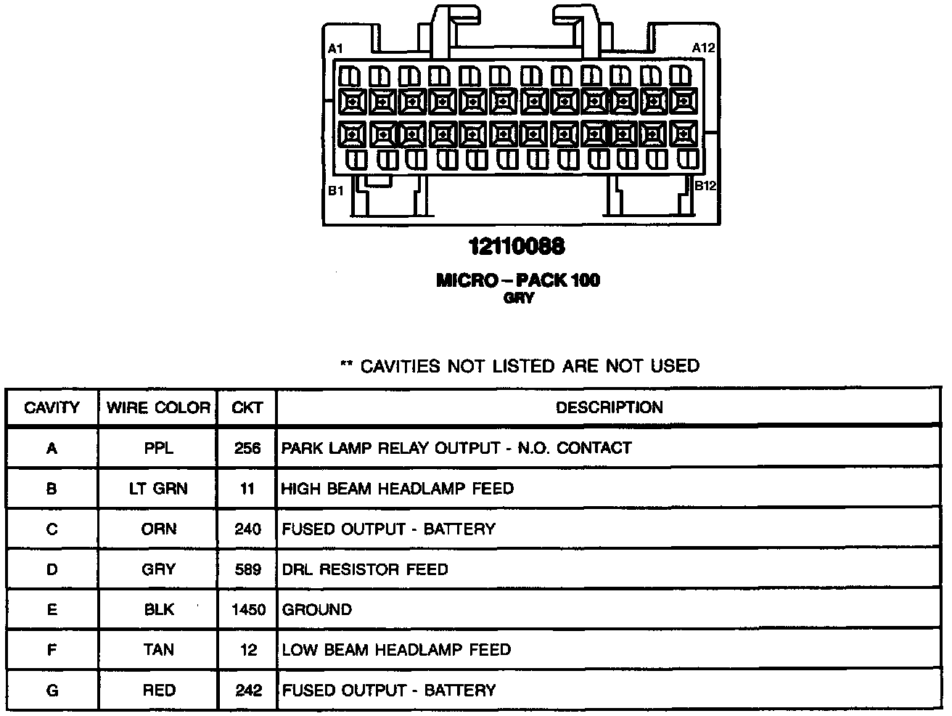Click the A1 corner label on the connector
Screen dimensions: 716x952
pos(335,49)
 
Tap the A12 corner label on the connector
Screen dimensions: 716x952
pos(703,48)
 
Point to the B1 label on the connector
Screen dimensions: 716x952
pos(335,191)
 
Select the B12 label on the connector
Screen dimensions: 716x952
pos(705,186)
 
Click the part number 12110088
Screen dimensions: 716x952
pos(517,247)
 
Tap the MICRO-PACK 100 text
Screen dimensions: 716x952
pos(518,280)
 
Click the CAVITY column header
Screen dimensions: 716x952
pos(52,407)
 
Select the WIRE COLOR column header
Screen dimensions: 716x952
pos(158,407)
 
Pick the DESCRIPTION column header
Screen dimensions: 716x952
pos(610,407)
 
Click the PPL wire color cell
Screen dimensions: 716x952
pos(158,448)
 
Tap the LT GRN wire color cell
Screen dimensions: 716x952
pos(158,489)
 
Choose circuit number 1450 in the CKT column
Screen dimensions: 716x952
pos(248,609)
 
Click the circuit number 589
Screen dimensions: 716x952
pos(248,569)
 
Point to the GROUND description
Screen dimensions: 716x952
pos(317,609)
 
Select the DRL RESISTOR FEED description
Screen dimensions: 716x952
pos(365,569)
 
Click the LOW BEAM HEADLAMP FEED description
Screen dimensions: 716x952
pos(396,650)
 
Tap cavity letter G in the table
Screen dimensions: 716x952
pos(52,690)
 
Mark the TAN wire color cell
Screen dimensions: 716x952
pos(158,650)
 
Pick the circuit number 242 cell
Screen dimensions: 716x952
pos(248,690)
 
